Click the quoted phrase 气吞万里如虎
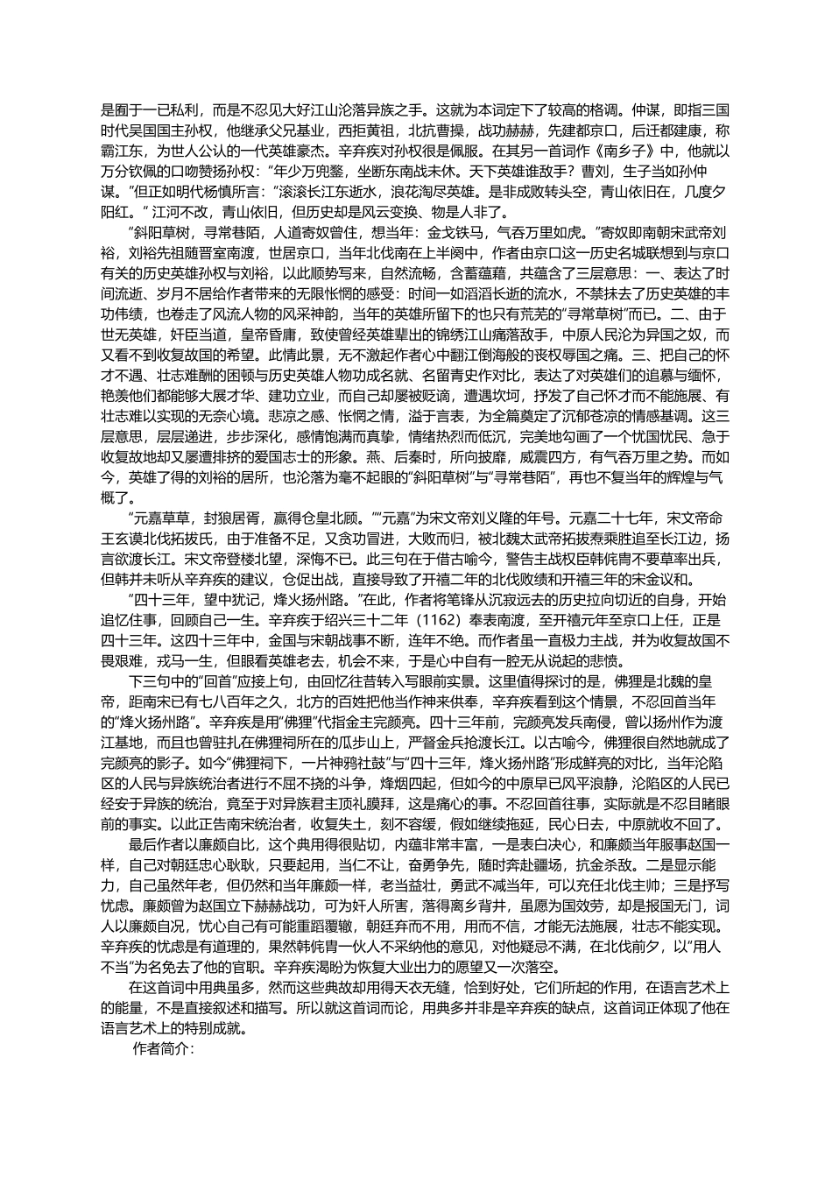[543, 233]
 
